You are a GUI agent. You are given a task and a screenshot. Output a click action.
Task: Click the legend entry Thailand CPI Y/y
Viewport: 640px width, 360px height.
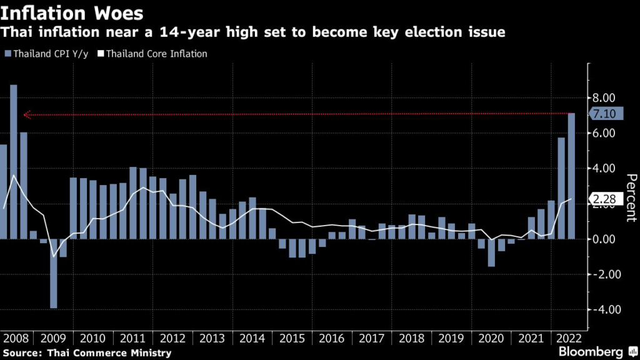[47, 54]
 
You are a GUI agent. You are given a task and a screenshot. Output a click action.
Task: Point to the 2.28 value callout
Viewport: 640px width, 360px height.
[604, 199]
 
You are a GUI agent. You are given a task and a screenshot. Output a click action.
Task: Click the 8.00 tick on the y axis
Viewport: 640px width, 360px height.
[604, 98]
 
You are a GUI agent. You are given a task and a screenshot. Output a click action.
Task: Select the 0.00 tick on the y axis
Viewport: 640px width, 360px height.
[604, 239]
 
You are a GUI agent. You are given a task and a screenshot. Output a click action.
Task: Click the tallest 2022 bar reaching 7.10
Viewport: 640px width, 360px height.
[571, 176]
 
